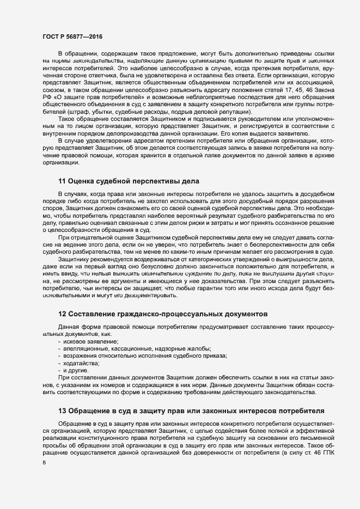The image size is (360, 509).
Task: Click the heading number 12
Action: [62, 314]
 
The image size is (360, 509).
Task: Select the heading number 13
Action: [62, 409]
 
